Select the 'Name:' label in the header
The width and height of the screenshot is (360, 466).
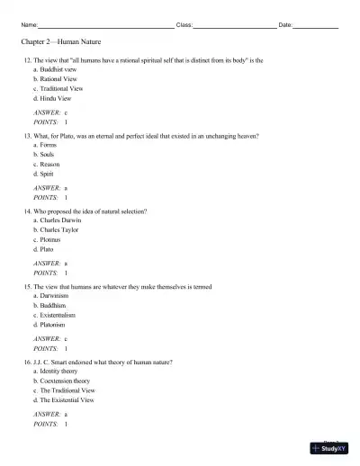coord(29,24)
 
